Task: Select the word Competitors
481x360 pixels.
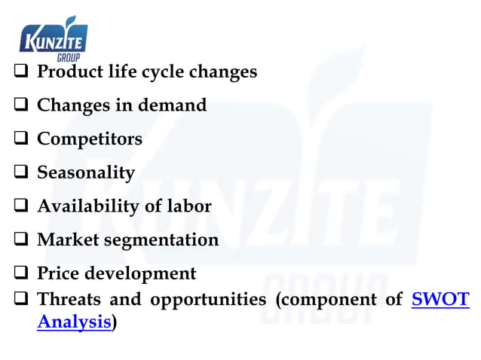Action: click(x=89, y=139)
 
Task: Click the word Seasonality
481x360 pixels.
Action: click(x=86, y=172)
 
